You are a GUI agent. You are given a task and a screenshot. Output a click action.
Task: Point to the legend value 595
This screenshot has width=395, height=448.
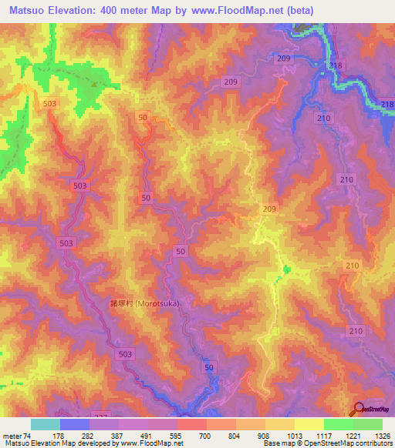177,436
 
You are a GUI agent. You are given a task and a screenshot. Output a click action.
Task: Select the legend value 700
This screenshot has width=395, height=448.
207,436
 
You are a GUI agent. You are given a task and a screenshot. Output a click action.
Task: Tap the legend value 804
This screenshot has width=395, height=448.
236,436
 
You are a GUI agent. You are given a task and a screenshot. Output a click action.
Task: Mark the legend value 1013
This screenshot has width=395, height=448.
295,436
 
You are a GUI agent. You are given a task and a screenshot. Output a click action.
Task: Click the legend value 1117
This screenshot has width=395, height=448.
324,436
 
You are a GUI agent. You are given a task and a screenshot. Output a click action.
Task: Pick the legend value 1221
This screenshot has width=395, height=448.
353,436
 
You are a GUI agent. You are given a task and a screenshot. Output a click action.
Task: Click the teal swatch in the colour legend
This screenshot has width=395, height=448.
45,424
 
